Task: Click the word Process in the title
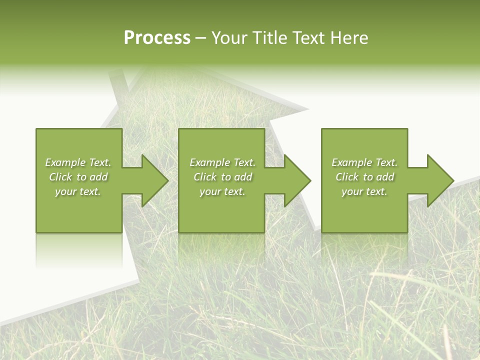157,38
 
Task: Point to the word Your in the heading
228,38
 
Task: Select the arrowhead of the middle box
296,180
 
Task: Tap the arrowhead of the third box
439,180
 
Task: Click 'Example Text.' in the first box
78,162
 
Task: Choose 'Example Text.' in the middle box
222,162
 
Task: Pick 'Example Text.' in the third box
364,162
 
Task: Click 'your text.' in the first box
78,191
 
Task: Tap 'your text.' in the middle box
222,191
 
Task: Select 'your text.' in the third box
364,191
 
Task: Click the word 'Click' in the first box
60,177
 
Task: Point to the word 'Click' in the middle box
205,177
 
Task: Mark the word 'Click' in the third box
347,177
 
